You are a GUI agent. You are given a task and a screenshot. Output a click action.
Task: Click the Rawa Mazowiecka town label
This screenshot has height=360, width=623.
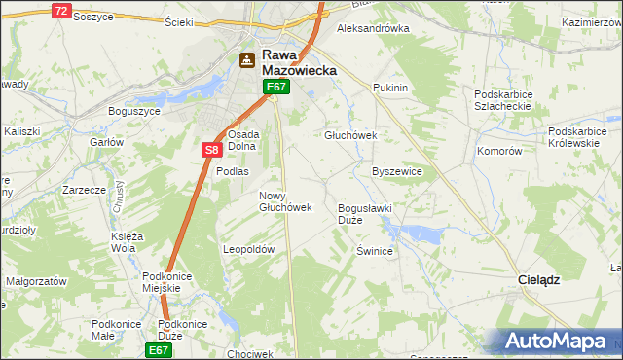(298, 63)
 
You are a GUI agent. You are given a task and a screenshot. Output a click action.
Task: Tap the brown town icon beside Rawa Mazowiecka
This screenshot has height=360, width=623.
(247, 60)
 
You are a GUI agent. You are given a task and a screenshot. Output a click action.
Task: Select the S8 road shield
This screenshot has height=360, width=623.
(213, 150)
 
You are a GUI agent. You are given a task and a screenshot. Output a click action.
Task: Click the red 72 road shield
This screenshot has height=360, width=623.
(61, 11)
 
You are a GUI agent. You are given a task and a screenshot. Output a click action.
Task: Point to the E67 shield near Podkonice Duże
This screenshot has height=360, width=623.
(159, 348)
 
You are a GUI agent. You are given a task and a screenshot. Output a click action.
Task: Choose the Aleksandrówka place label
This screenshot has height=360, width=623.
(372, 28)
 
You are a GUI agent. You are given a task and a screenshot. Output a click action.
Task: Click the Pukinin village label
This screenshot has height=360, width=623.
(389, 88)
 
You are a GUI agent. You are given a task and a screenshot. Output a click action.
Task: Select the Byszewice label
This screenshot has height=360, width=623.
(397, 171)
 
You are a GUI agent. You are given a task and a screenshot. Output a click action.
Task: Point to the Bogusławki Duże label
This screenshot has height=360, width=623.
(362, 214)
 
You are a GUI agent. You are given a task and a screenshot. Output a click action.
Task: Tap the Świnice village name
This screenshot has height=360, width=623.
(374, 251)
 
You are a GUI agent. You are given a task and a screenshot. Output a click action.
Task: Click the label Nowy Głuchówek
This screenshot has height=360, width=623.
(285, 201)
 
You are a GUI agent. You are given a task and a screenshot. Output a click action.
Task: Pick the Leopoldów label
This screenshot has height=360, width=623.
(250, 249)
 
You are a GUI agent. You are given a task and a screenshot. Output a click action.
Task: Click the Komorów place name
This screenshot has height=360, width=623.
(499, 152)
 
